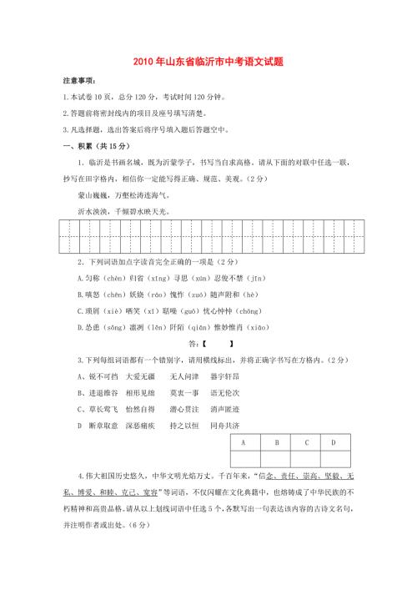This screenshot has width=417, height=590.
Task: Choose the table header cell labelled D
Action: [x=334, y=442]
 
